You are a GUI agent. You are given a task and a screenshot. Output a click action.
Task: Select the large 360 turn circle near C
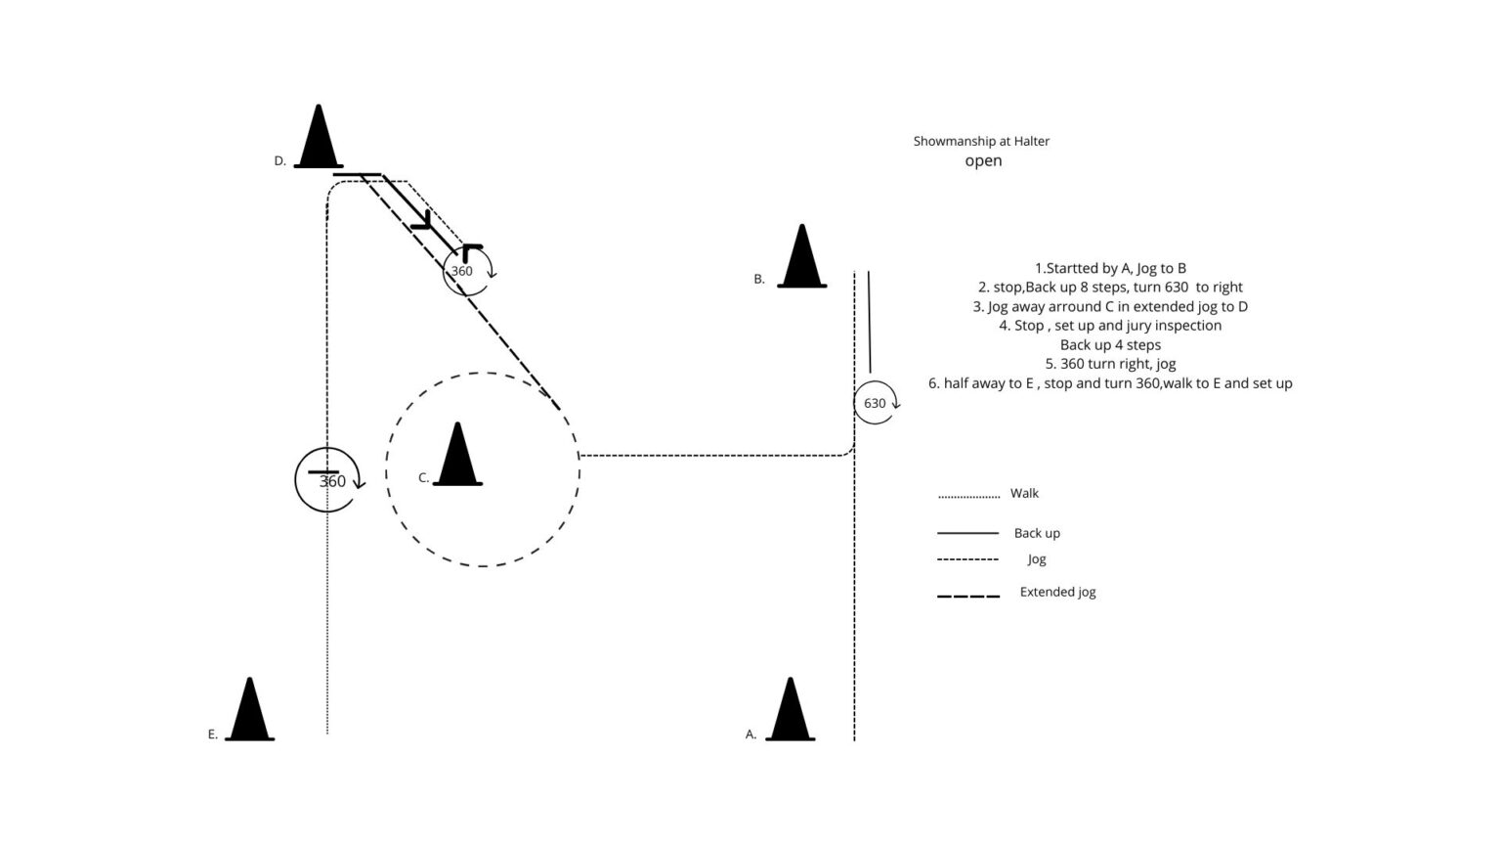coord(295,479)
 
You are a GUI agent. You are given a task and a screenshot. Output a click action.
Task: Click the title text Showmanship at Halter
coord(981,141)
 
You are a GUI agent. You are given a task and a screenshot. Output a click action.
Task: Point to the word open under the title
coord(983,161)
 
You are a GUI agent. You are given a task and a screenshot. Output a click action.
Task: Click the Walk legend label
coord(1024,493)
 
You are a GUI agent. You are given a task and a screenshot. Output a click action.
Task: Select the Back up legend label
coord(1037,533)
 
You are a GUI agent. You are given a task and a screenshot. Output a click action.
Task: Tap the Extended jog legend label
coord(1057,592)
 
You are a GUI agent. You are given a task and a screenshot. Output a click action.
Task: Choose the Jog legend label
coord(1037,559)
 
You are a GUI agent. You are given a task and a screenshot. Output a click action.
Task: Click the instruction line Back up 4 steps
coord(1110,344)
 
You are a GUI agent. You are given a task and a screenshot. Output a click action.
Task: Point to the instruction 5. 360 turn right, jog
coord(1110,364)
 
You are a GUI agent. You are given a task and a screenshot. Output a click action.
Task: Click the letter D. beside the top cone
coord(280,161)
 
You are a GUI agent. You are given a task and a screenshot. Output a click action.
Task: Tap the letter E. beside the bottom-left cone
coord(212,734)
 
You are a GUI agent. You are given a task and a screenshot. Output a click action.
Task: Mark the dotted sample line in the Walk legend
coord(969,497)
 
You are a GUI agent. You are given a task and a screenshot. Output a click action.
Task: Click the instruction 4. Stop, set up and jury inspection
coord(1110,326)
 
